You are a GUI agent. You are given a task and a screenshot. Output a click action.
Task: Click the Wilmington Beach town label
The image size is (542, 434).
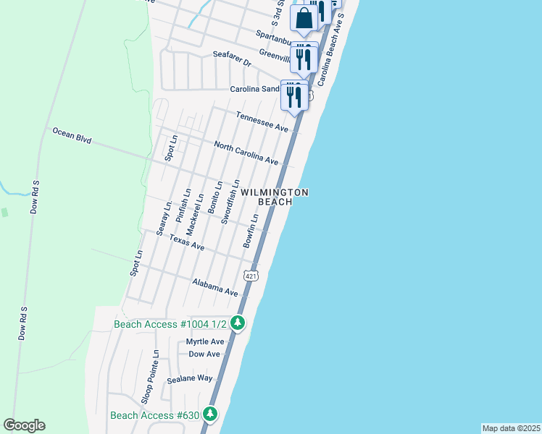tap(275, 197)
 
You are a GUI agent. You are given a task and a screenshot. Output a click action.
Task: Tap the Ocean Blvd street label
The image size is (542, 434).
tap(71, 135)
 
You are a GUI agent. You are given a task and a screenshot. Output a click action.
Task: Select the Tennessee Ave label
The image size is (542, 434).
tap(262, 122)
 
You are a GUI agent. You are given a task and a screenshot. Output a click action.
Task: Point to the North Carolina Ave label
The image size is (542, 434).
tap(246, 152)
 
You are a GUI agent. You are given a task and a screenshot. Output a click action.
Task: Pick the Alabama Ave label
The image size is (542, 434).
tap(215, 287)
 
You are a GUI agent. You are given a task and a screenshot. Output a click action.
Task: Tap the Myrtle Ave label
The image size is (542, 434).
tap(205, 341)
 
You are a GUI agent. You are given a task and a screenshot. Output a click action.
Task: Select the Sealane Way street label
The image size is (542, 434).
tap(189, 378)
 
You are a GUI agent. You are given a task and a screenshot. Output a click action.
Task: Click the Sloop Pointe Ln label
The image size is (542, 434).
tap(149, 375)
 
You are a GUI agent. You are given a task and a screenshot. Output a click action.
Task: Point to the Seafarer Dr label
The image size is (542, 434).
tap(231, 59)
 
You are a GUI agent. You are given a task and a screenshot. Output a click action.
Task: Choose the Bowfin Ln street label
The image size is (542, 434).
tap(251, 231)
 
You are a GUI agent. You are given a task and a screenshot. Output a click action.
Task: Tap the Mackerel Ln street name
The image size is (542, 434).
tap(193, 213)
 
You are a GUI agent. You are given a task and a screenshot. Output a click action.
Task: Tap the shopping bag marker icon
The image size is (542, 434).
tap(304, 19)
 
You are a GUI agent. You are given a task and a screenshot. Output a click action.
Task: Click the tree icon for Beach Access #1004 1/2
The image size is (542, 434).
tap(237, 324)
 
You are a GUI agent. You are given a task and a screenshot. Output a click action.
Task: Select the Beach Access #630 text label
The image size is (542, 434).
tap(154, 415)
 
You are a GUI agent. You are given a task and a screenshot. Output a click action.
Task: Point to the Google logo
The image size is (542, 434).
tap(24, 425)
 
